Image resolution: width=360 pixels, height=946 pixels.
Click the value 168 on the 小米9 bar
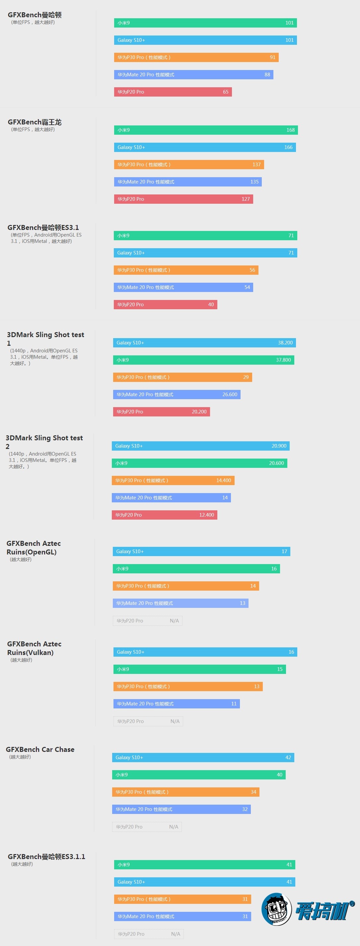[290, 130]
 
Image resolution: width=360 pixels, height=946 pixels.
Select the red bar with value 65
[173, 92]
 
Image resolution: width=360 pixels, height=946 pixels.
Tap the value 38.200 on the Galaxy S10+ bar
[285, 343]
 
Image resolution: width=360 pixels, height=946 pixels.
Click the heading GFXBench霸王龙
[35, 122]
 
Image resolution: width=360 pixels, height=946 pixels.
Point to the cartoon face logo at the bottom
[276, 909]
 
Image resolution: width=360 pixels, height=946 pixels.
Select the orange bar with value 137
[189, 165]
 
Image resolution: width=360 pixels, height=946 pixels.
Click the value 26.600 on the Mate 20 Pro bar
[230, 395]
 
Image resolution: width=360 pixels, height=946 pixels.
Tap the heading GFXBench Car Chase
[40, 750]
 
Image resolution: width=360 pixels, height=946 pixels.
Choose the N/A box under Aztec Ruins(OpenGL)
[147, 620]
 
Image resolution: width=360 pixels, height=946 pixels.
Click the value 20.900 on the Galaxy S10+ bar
[279, 446]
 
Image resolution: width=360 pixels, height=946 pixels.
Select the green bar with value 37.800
[203, 360]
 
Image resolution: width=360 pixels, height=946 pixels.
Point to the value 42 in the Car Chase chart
[288, 757]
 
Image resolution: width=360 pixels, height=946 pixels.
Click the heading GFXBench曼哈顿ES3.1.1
[46, 857]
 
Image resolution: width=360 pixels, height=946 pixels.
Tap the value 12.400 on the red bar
[206, 515]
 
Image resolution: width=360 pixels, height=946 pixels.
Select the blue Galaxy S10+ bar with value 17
[201, 551]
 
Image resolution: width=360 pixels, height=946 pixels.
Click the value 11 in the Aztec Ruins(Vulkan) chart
[234, 704]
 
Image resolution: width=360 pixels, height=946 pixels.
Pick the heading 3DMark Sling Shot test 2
[44, 442]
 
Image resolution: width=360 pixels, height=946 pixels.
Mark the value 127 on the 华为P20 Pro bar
[246, 199]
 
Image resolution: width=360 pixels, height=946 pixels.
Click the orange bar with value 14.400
[173, 480]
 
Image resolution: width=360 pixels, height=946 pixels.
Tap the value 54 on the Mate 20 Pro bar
[247, 287]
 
